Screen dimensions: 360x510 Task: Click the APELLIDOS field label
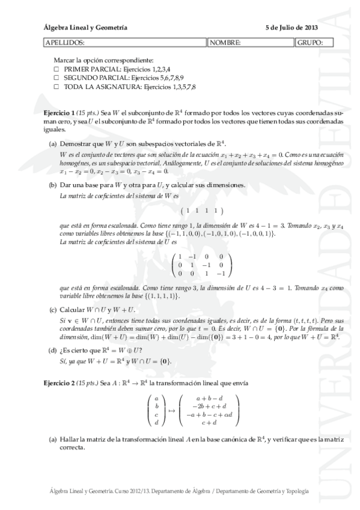65,43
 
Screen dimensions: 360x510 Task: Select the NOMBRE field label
225,43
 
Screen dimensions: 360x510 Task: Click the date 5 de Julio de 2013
291,28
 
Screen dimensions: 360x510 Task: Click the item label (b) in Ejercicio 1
53,185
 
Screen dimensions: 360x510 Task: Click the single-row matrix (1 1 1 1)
202,210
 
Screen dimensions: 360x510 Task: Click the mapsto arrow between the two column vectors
171,410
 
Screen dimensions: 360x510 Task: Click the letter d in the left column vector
156,422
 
